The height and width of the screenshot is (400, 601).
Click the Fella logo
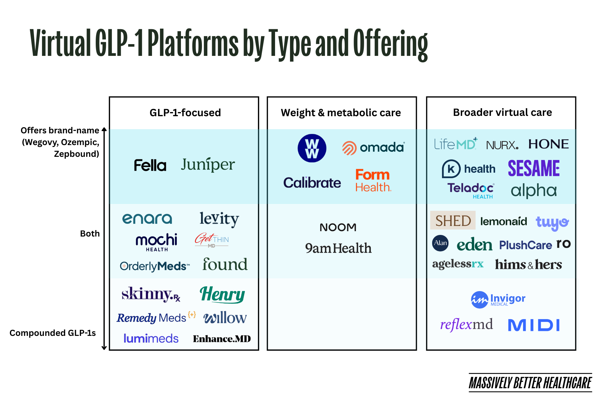coord(150,165)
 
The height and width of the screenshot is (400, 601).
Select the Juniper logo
coord(208,164)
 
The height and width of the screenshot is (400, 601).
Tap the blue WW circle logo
coord(312,148)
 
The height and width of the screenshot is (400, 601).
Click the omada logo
coord(373,148)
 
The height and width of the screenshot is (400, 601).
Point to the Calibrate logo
coord(312,183)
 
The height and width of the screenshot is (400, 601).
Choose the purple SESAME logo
coord(534,168)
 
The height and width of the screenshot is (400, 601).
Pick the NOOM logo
coord(338,227)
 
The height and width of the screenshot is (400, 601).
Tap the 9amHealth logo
coord(338,248)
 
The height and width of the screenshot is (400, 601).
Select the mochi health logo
coord(156,242)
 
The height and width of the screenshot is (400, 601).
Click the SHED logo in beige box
coord(453,220)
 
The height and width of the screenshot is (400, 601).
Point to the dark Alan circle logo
coord(440,243)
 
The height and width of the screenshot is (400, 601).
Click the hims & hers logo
coord(528,264)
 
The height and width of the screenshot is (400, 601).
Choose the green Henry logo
coord(222,294)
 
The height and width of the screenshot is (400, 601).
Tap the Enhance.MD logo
coord(222,339)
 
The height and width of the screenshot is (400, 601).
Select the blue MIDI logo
coord(534,325)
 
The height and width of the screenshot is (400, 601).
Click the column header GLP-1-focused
coord(185,113)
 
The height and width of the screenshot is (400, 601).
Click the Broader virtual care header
coord(502,112)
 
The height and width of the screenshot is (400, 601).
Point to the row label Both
coord(90,234)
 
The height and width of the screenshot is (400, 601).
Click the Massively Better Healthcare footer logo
coord(530,383)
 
